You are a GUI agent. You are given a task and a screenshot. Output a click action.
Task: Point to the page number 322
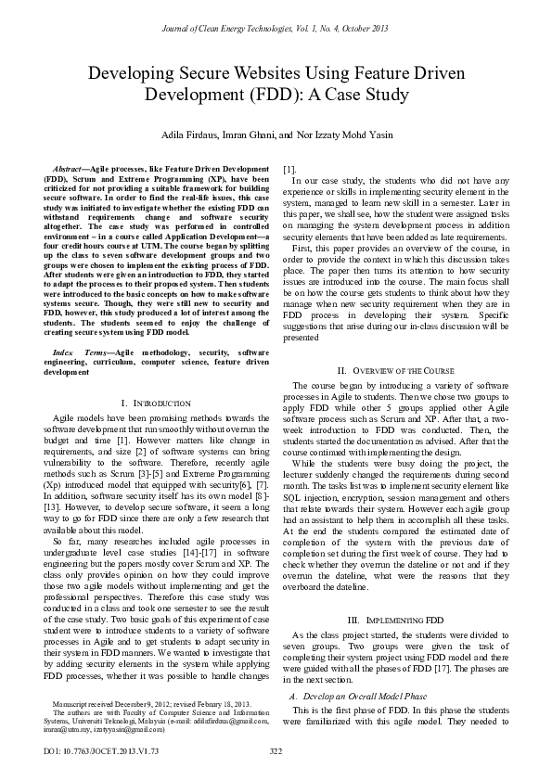coord(276,750)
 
